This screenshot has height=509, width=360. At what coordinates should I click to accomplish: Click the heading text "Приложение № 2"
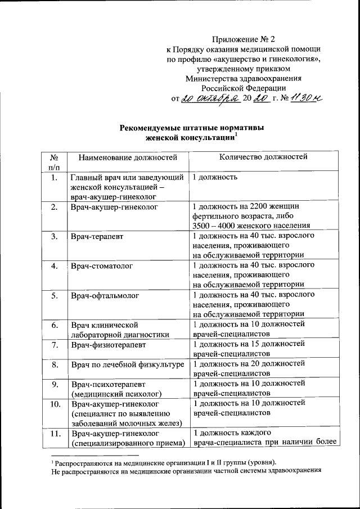(x=244, y=39)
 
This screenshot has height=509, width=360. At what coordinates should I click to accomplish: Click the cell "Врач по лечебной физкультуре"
(x=128, y=365)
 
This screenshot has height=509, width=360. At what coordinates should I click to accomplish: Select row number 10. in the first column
(x=54, y=404)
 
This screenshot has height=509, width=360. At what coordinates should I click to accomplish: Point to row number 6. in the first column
(x=54, y=325)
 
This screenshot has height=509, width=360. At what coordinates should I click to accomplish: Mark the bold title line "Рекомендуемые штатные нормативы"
(x=191, y=128)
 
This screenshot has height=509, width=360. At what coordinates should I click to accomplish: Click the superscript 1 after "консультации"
(x=236, y=134)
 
